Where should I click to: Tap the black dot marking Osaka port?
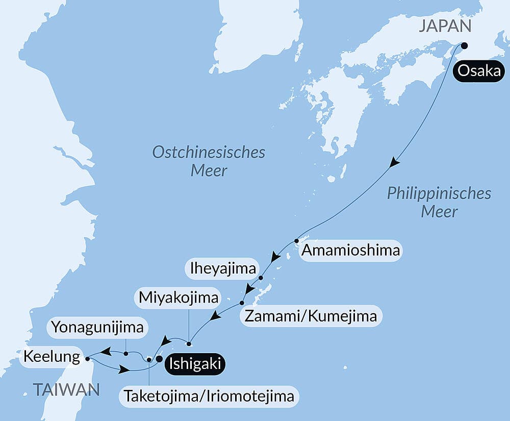(464, 45)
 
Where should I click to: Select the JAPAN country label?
(444, 27)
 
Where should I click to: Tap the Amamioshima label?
(350, 251)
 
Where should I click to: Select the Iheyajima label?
(222, 268)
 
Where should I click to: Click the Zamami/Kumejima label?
(311, 316)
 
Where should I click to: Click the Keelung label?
(51, 356)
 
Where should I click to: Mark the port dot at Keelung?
(88, 359)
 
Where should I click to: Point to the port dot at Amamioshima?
(296, 240)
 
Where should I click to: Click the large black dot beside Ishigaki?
(159, 359)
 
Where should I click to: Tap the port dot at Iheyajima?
(261, 278)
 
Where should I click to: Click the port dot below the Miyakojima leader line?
(189, 343)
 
